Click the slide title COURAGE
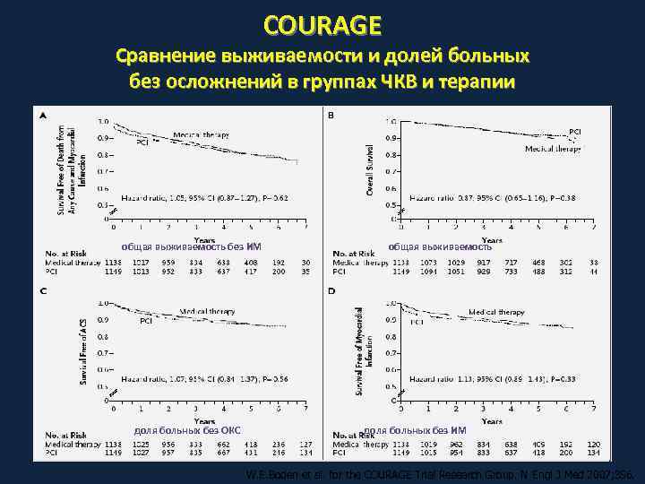[322, 23]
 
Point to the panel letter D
[332, 291]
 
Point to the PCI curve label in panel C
[145, 320]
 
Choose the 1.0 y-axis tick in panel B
[391, 121]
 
